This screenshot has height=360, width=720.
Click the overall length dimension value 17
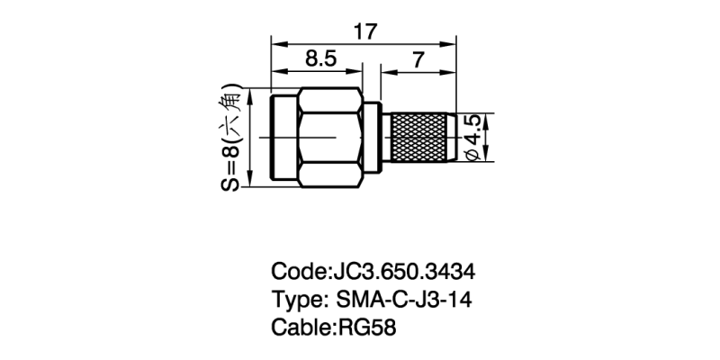[x=365, y=32]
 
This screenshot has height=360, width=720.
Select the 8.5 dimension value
[x=321, y=59]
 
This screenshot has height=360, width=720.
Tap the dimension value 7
[x=418, y=59]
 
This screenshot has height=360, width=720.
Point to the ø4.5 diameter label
[x=473, y=138]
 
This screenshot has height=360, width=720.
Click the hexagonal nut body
[x=329, y=138]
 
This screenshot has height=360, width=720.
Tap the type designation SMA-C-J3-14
[x=404, y=300]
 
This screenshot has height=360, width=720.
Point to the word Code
[x=299, y=272]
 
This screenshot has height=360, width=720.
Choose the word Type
[x=299, y=301]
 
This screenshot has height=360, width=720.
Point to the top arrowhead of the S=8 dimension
[x=250, y=96]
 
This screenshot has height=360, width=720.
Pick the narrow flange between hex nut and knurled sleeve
[x=372, y=138]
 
